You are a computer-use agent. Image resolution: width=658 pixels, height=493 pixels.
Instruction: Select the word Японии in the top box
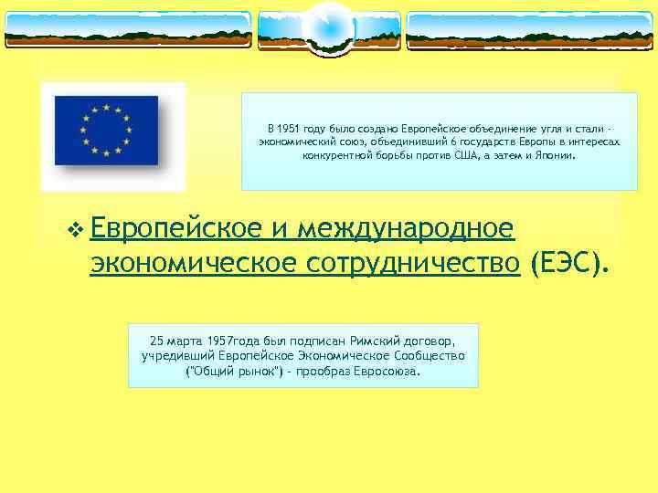click(x=558, y=155)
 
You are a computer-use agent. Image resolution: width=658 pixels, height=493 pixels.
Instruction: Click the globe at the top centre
click(x=328, y=28)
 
